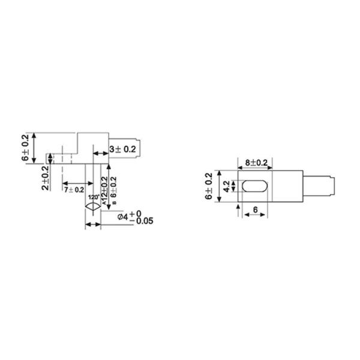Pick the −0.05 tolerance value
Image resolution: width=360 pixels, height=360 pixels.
click(x=142, y=221)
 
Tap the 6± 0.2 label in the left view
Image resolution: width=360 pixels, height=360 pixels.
click(x=25, y=148)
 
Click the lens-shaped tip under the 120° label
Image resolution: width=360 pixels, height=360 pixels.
click(x=92, y=206)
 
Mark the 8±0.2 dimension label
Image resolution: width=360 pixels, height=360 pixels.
click(x=256, y=163)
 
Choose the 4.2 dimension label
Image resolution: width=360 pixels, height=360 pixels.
click(x=226, y=185)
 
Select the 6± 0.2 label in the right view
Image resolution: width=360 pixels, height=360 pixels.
click(x=209, y=186)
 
